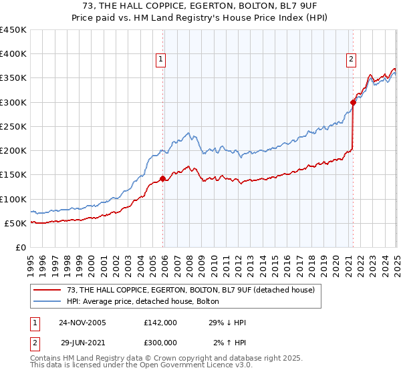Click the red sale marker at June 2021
pos(353,102)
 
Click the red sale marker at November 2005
pos(162,178)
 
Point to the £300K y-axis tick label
pos(13,102)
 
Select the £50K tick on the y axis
pos(15,223)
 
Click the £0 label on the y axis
pos(20,247)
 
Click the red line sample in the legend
pos(48,289)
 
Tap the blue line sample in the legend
pos(48,301)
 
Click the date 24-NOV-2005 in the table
pos(83,322)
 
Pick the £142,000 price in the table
pos(160,322)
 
